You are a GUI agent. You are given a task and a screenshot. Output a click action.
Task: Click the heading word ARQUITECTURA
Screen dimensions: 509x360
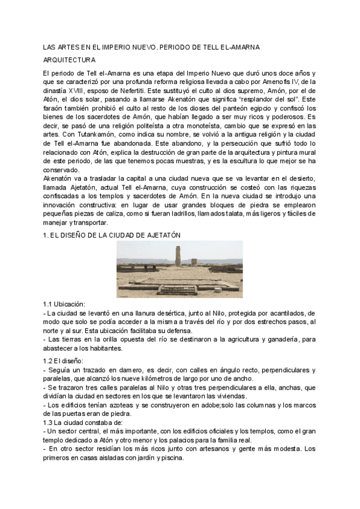coord(70,60)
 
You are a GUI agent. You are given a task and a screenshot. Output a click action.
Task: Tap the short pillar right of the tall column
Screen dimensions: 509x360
coord(193,262)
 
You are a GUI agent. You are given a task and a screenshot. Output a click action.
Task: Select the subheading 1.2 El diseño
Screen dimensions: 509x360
coord(63,360)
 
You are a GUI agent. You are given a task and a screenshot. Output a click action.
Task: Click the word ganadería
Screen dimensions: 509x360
coord(262,339)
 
